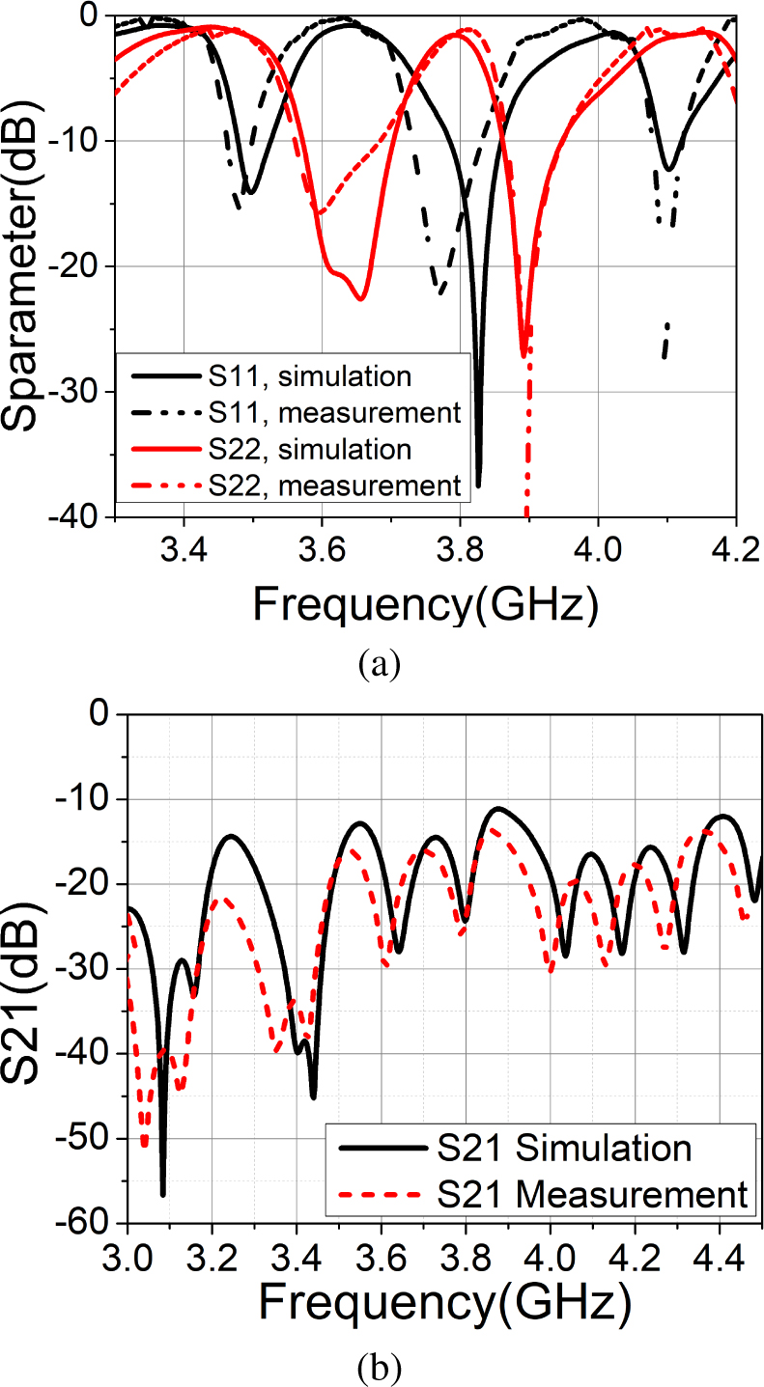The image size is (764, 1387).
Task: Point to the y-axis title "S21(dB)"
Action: tap(29, 967)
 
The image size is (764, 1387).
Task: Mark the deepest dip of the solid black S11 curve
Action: tap(478, 485)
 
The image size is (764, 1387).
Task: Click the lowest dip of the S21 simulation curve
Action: tap(163, 1195)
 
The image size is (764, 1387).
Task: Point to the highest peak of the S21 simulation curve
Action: tap(498, 808)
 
